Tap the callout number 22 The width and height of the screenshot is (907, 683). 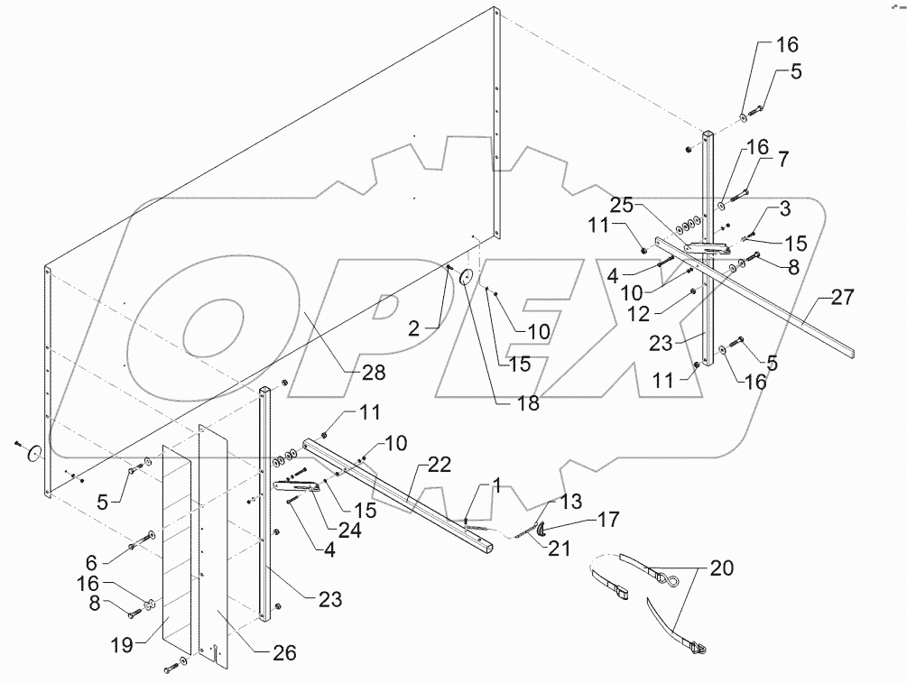440,465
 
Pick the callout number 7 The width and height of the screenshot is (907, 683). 782,160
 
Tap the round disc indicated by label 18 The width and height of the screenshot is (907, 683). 467,278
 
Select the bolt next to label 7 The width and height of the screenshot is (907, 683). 736,193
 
